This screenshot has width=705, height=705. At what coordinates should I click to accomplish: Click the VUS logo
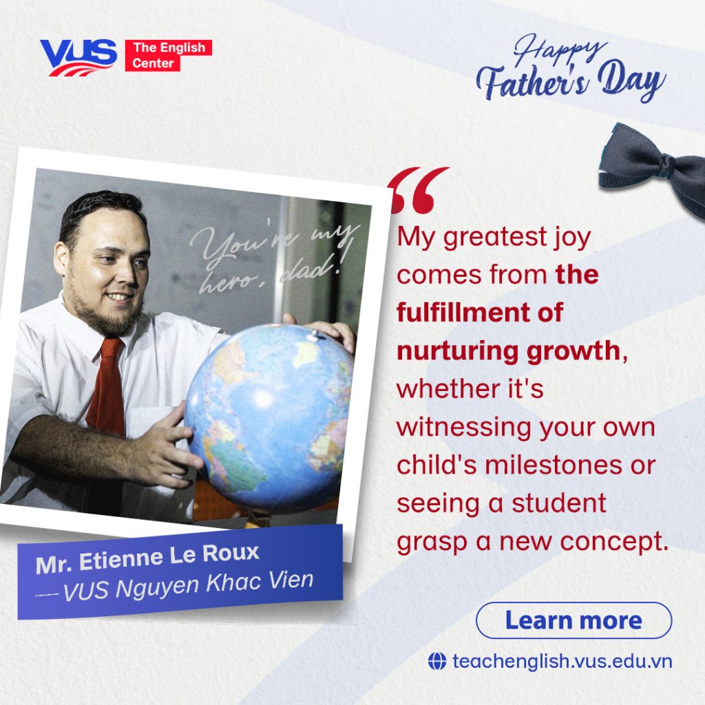78,57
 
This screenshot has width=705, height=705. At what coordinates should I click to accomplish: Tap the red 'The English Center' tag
168,55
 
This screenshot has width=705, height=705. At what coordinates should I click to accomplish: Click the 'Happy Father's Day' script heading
570,68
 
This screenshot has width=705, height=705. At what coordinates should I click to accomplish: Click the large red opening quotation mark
419,190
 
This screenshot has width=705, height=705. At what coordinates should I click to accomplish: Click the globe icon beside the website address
437,662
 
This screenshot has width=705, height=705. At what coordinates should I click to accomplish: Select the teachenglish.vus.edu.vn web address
562,662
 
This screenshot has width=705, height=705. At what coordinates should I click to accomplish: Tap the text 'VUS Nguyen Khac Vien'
187,586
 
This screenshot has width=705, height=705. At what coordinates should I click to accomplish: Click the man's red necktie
107,387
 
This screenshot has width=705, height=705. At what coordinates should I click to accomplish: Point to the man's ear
61,259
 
